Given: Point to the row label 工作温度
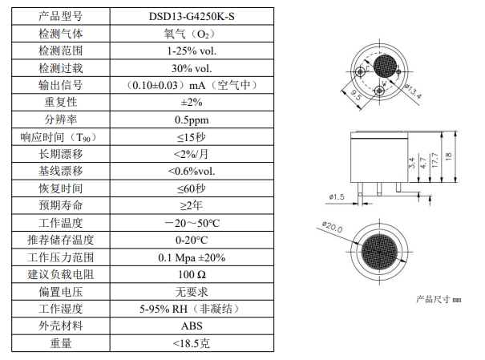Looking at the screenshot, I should click(60, 223).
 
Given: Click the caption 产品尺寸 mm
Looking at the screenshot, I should click(440, 299).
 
